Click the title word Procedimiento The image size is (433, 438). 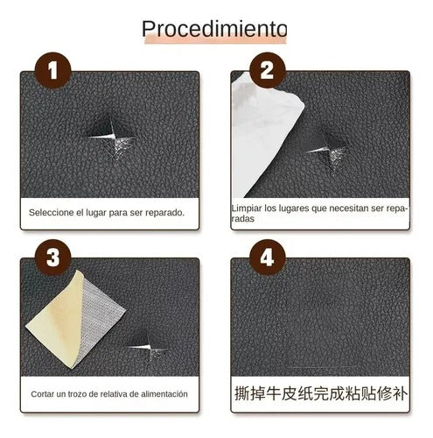coord(215,29)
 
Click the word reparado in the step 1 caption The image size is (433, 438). coord(164,213)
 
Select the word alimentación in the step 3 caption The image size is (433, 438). coord(158,394)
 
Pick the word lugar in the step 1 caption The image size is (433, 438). coord(100,213)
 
